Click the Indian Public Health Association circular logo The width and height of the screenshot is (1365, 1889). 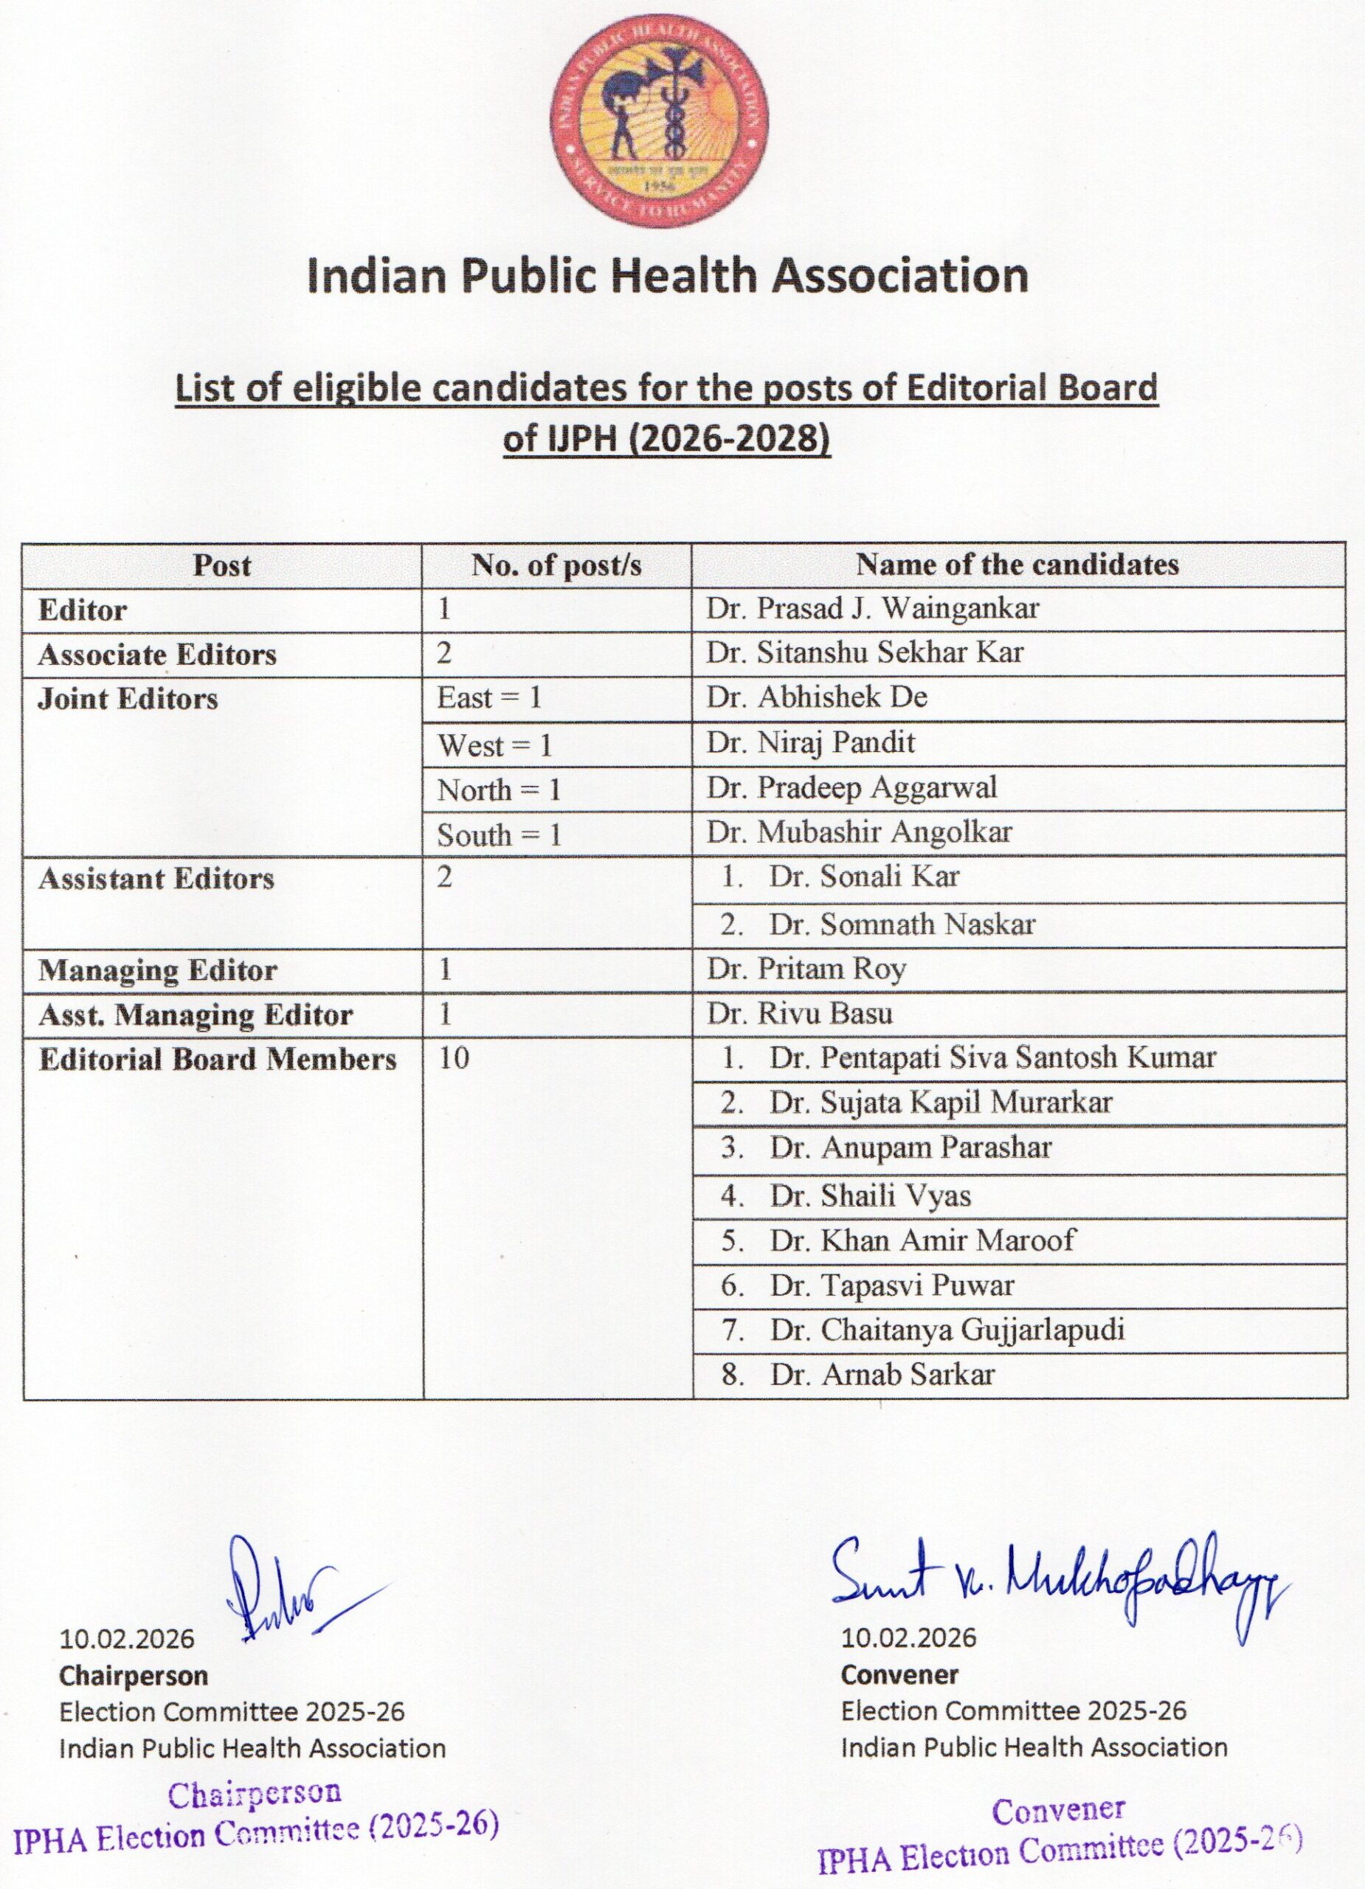pos(659,122)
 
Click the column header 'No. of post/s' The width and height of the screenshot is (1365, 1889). pos(556,565)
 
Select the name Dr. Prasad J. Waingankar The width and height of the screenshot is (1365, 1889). pos(872,609)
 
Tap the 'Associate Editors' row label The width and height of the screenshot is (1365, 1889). pos(156,655)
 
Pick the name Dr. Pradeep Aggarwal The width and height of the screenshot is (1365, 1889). pos(851,788)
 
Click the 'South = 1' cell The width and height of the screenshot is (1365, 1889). pos(500,835)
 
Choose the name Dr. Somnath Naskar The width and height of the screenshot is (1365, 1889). pos(902,925)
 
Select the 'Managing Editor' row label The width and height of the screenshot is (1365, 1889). pos(157,970)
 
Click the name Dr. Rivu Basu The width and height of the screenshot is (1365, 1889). pos(800,1014)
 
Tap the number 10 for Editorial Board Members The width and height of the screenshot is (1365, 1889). pos(454,1059)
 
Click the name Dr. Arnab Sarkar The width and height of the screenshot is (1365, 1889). pos(882,1374)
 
